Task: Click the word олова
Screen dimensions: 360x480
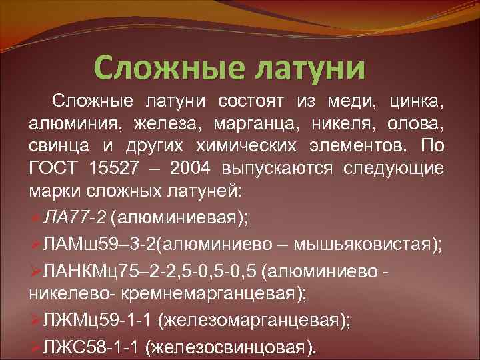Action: pos(416,124)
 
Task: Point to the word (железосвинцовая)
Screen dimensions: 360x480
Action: pos(231,347)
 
